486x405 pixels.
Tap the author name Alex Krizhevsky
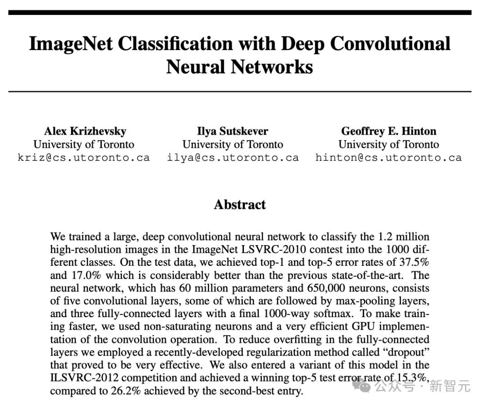click(85, 131)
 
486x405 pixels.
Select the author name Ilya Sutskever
click(233, 131)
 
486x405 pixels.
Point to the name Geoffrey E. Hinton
click(389, 131)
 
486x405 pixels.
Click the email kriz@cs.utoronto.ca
click(84, 158)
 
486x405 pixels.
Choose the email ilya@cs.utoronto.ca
click(233, 158)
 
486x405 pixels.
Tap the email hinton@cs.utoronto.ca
click(389, 158)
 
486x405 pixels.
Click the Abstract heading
click(240, 205)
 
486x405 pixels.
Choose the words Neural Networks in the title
click(239, 67)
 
